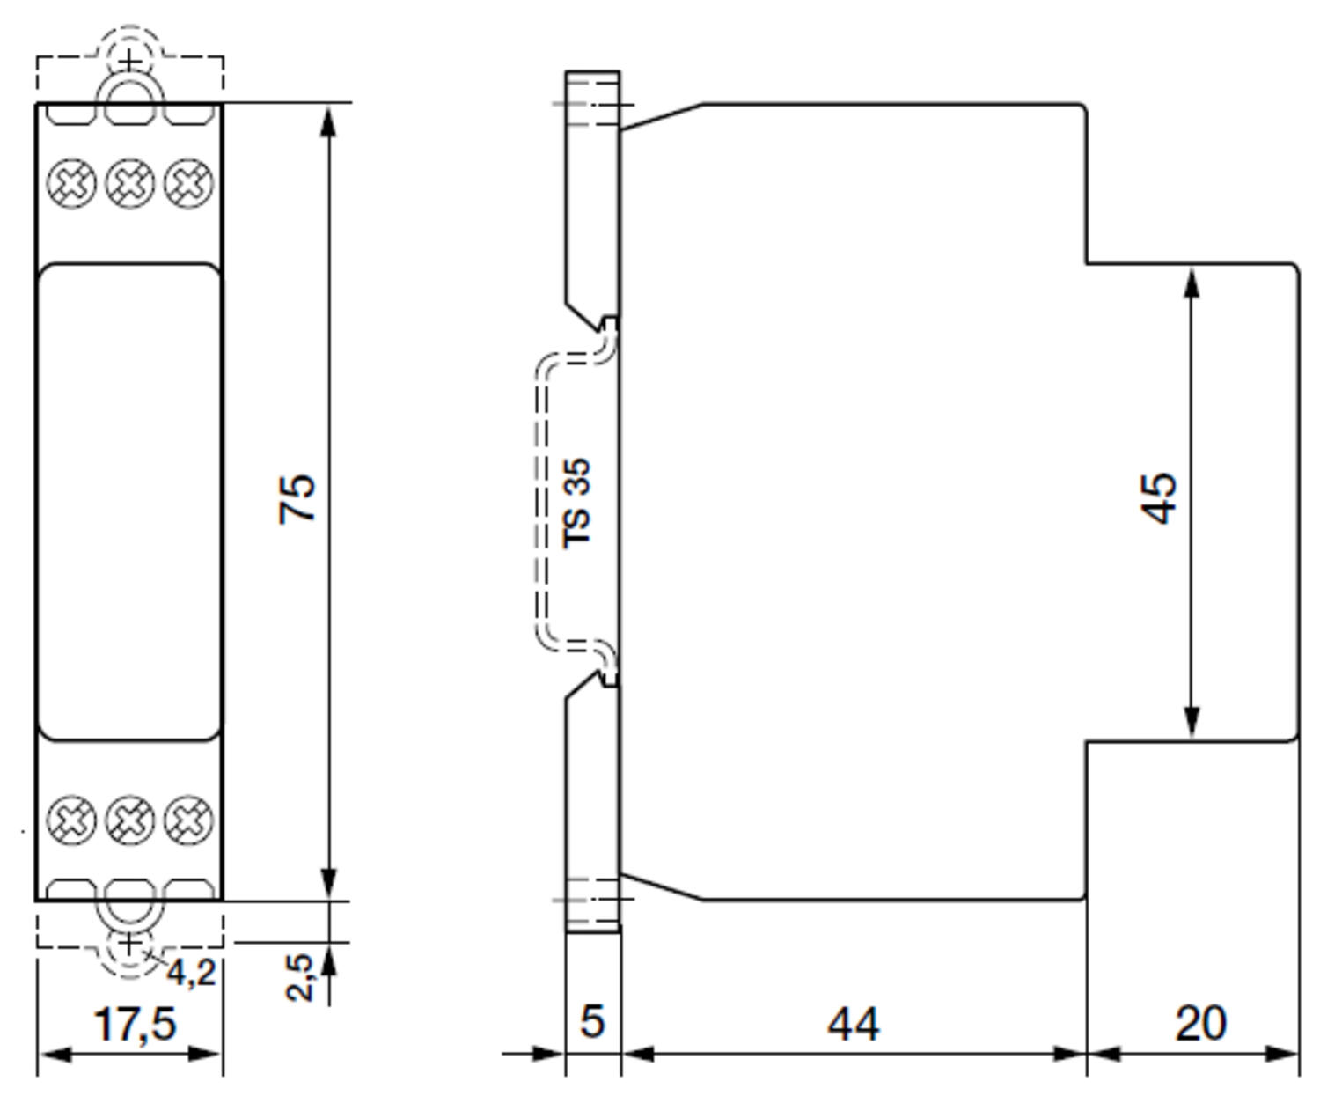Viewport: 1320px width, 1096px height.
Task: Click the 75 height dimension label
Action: [x=297, y=498]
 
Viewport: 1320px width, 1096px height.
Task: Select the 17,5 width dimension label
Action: [x=135, y=1024]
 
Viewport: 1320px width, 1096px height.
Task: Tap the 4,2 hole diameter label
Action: [x=191, y=973]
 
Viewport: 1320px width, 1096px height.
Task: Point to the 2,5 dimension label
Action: [x=300, y=976]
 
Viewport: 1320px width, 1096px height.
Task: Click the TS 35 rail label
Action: [x=576, y=503]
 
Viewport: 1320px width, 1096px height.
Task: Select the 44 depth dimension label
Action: [x=853, y=1024]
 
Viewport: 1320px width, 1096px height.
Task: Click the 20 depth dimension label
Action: [x=1200, y=1024]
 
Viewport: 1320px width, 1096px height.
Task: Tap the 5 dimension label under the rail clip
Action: [x=592, y=1021]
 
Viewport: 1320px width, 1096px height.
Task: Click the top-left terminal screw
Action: [x=70, y=184]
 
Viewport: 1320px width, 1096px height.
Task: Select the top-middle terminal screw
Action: [x=129, y=184]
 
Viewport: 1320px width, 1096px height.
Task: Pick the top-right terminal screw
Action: [x=188, y=184]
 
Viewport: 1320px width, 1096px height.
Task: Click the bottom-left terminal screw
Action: [x=70, y=820]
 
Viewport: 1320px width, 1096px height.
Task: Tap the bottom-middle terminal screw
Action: [x=129, y=820]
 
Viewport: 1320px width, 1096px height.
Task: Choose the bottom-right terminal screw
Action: [x=188, y=820]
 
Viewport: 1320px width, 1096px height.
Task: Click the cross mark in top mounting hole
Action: [x=129, y=62]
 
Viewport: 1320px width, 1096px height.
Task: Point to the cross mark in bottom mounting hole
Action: [x=129, y=944]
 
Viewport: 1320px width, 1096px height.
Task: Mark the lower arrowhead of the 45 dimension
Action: [x=1192, y=722]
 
